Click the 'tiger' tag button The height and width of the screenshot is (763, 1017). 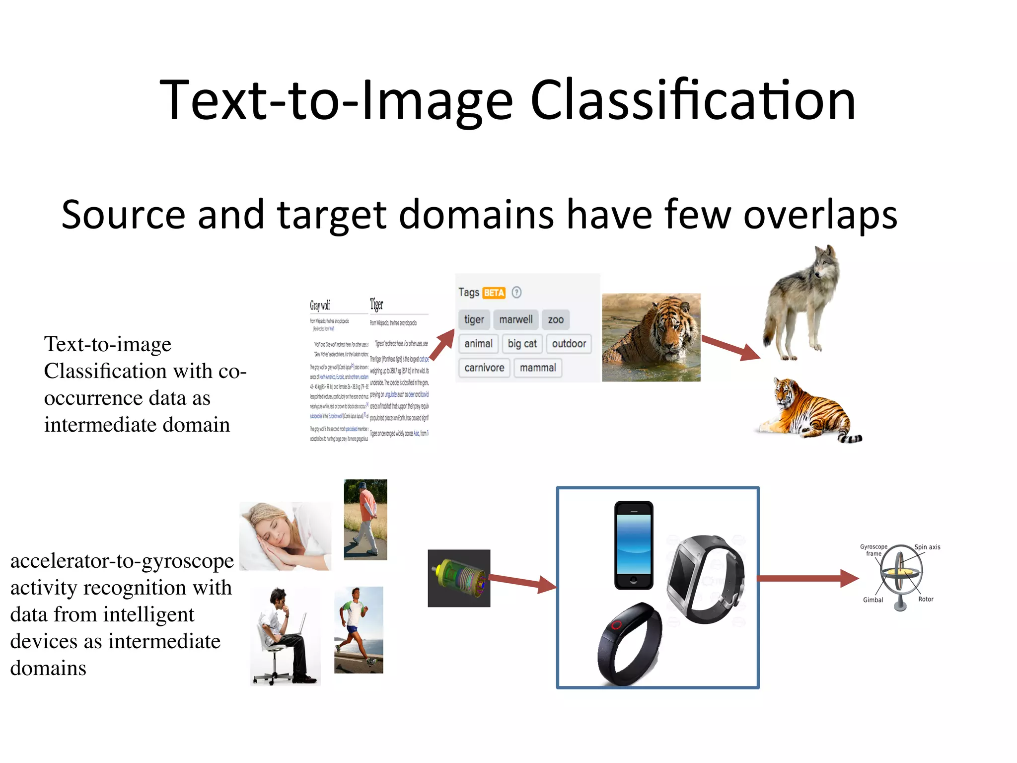tap(474, 319)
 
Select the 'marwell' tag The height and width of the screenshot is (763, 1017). tap(515, 319)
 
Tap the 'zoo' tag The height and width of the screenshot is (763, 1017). tap(555, 319)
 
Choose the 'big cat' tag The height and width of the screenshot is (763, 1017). tap(522, 344)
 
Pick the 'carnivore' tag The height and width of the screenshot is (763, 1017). tap(484, 368)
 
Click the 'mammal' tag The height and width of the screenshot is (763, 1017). tap(538, 368)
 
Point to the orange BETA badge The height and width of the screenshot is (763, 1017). tap(494, 293)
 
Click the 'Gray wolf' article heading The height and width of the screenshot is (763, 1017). tap(320, 305)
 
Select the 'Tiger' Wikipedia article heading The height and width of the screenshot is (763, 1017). tap(376, 304)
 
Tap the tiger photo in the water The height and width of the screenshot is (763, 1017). tap(651, 337)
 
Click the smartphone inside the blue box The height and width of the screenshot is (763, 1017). tap(634, 545)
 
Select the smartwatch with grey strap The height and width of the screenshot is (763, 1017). tap(705, 579)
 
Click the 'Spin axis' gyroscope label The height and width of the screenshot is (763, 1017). tap(927, 547)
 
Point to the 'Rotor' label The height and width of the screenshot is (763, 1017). tap(926, 599)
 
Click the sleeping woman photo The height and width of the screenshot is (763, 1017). tap(285, 535)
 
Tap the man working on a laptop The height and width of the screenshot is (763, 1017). tap(285, 636)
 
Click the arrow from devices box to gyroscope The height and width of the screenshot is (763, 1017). tap(807, 578)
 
